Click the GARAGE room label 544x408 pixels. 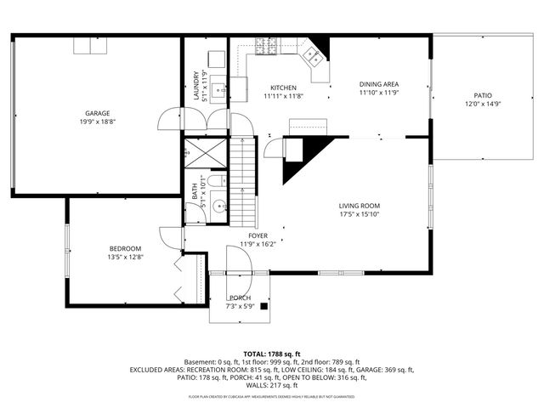(97, 113)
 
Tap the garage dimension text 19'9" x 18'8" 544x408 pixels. (97, 122)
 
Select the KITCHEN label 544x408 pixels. (283, 88)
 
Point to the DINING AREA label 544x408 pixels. (379, 83)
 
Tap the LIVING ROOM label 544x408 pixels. (359, 206)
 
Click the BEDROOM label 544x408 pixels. (124, 248)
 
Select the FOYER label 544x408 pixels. (258, 235)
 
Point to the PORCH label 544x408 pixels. (240, 297)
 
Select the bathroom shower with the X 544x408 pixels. (205, 154)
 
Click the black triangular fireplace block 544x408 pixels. (302, 157)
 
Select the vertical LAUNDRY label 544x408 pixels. (195, 85)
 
